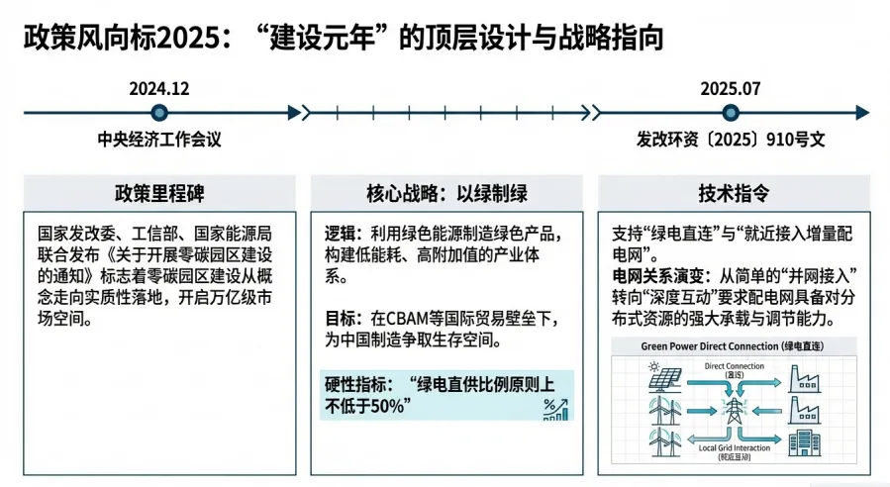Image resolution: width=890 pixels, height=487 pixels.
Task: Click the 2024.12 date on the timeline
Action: [x=158, y=88]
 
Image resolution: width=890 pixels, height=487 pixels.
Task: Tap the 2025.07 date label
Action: [x=730, y=88]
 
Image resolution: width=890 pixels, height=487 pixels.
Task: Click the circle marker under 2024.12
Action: [x=159, y=113]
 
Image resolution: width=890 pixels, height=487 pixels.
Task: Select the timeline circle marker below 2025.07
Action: [x=730, y=113]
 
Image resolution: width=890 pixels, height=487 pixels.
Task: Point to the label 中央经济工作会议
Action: [x=159, y=140]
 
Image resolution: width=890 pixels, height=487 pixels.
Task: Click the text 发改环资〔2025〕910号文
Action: [x=731, y=140]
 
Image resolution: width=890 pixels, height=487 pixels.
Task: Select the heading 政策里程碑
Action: [x=158, y=192]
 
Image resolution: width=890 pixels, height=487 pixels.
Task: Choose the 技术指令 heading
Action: [x=733, y=192]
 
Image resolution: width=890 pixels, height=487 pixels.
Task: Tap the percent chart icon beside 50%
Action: [x=555, y=408]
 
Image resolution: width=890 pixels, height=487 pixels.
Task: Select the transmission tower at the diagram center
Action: [x=733, y=409]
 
